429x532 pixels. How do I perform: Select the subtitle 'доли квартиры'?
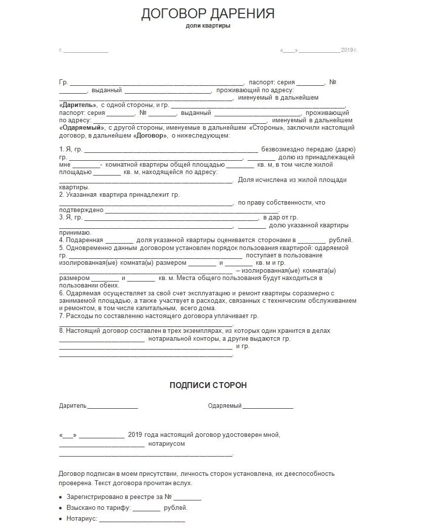(208, 26)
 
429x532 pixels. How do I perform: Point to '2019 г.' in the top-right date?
(349, 50)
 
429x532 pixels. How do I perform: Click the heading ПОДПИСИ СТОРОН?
(208, 385)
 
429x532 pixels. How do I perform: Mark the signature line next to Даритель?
(112, 407)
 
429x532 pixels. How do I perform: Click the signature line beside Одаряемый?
(268, 407)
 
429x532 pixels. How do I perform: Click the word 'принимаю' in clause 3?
(74, 233)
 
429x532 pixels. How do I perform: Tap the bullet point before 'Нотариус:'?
(61, 519)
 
